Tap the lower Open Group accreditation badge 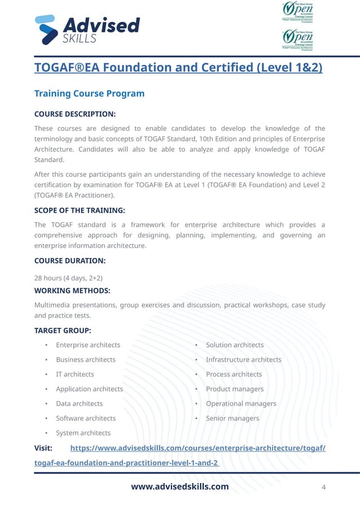tap(297, 40)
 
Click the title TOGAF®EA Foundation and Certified tap(178, 68)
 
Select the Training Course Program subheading tap(89, 93)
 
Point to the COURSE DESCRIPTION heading tap(75, 113)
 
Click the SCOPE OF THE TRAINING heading tap(80, 210)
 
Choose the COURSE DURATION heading tap(70, 261)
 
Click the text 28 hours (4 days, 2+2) tap(68, 278)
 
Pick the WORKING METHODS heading tap(72, 291)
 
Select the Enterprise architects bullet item tap(87, 345)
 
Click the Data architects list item tap(79, 403)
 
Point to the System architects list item tap(83, 433)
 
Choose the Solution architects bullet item tap(234, 345)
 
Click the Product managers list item tap(234, 389)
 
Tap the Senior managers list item tap(232, 418)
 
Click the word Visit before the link tap(43, 448)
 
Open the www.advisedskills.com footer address tap(180, 486)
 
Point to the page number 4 tap(323, 487)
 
